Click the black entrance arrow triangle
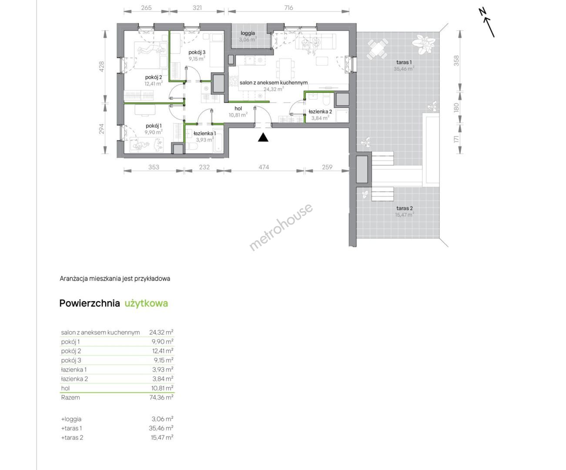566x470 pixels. (x=263, y=138)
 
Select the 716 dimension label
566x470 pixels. (x=288, y=8)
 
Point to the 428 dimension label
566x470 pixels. (x=101, y=67)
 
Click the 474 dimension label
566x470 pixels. (x=264, y=167)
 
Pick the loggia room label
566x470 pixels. (x=248, y=33)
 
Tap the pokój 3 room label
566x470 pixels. (x=197, y=52)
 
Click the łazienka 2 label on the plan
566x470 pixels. (x=320, y=111)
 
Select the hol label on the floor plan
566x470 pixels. (x=238, y=108)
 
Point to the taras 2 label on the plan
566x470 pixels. (x=405, y=208)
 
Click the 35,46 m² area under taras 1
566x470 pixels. (x=404, y=69)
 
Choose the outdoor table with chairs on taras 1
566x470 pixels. (x=377, y=49)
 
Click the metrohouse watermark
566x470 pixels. (x=281, y=227)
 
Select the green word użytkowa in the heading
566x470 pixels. (x=146, y=303)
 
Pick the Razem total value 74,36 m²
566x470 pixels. (x=161, y=397)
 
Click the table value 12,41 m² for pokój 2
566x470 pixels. (x=163, y=351)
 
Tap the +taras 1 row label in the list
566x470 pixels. (x=71, y=428)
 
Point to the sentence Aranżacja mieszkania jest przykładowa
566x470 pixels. (x=115, y=279)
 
